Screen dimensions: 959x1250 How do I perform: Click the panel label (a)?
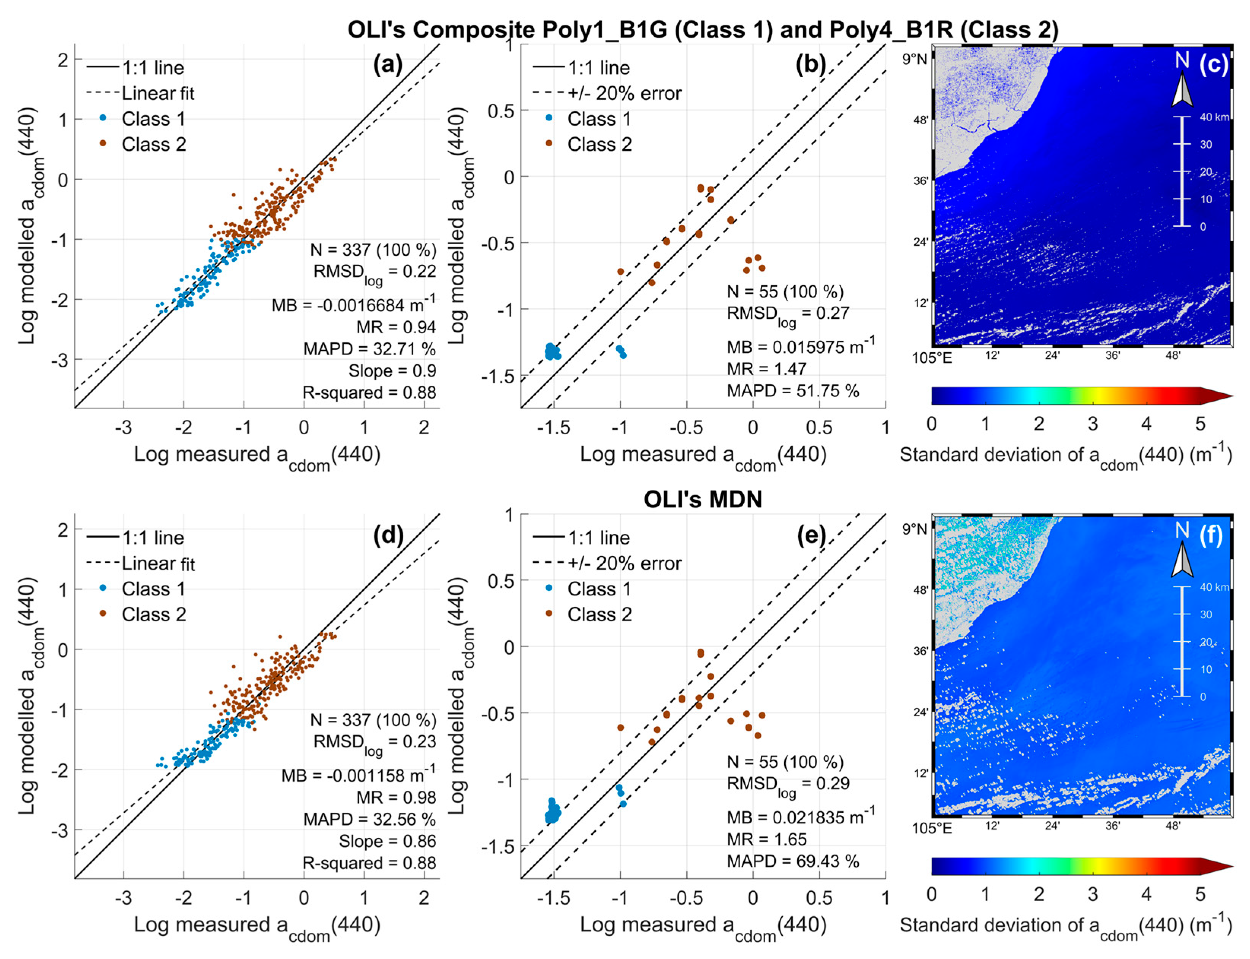[388, 65]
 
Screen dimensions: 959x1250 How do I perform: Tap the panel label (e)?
[811, 535]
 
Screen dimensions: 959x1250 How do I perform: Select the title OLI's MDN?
[703, 500]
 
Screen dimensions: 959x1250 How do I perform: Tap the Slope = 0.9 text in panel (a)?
[392, 371]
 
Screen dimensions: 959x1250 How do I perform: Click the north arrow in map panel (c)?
[1182, 91]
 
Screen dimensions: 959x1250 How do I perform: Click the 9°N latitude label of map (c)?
[915, 59]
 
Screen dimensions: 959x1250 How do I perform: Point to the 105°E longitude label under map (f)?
[932, 828]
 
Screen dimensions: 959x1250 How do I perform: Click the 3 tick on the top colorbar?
[1092, 424]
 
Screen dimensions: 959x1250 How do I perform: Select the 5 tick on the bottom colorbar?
[1200, 894]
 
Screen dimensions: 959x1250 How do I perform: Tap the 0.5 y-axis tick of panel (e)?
[500, 581]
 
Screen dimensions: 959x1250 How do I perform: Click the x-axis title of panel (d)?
[257, 925]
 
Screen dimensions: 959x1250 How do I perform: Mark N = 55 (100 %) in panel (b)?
[785, 292]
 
